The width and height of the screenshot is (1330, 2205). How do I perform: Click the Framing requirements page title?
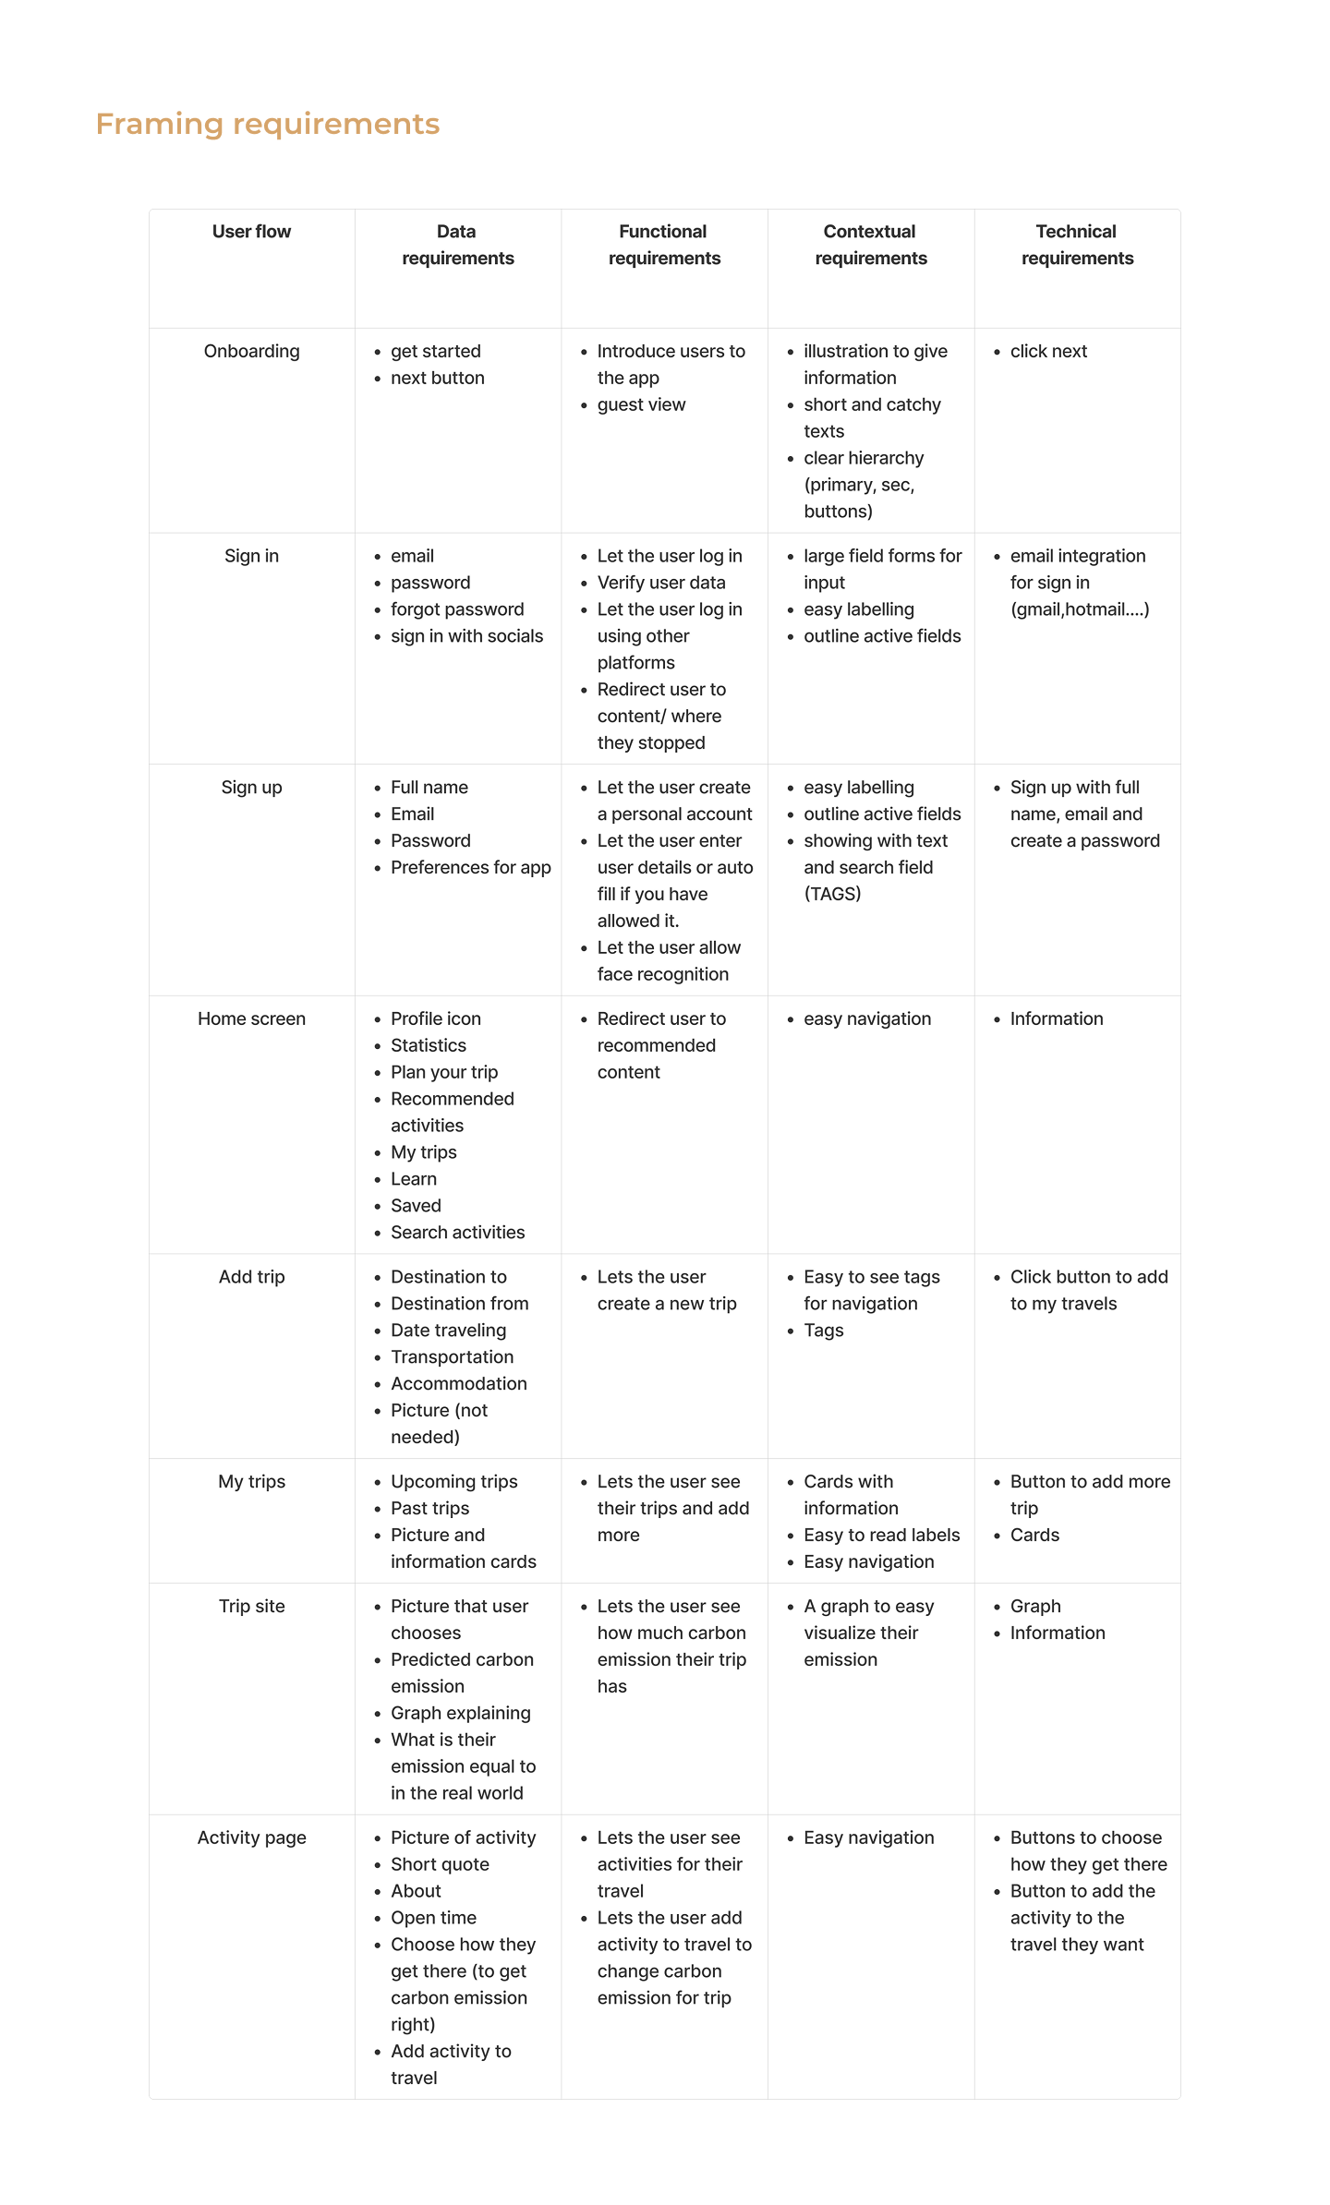267,124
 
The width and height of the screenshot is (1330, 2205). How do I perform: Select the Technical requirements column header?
1076,245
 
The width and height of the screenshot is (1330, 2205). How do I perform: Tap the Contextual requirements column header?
870,245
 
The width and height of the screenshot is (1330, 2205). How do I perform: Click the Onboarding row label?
251,351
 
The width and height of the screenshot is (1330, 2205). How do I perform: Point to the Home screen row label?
251,1018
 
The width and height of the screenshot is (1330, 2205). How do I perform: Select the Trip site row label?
251,1606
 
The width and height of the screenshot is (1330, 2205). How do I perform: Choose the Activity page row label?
251,1837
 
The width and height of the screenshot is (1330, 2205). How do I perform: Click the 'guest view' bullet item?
641,404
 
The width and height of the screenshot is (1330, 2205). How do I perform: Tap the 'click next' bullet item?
1048,351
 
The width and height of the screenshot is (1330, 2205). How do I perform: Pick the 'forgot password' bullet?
457,609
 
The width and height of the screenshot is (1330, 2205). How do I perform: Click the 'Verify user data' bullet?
661,583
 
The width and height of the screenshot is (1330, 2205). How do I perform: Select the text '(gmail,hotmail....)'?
1079,609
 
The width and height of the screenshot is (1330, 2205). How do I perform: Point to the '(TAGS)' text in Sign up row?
832,894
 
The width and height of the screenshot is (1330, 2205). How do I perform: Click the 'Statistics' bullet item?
429,1045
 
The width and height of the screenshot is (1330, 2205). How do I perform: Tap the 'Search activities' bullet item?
457,1232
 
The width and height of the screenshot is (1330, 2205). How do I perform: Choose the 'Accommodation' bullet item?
458,1383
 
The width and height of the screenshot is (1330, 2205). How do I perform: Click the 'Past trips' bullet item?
429,1508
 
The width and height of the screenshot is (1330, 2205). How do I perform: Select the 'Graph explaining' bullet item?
460,1713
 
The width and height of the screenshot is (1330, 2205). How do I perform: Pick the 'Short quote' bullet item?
440,1864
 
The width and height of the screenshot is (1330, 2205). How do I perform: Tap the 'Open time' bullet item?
433,1918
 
